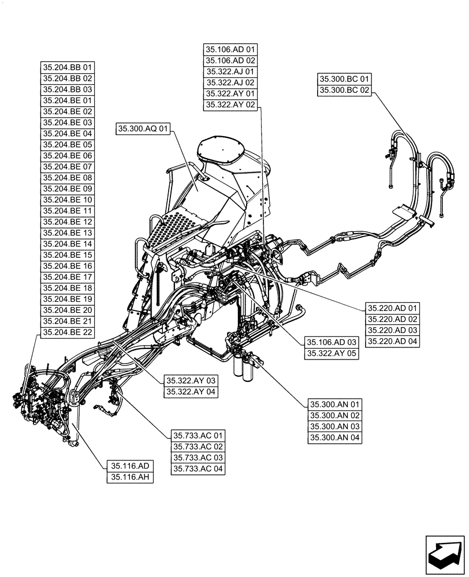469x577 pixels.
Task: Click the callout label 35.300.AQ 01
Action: click(144, 129)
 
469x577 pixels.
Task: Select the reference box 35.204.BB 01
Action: click(68, 68)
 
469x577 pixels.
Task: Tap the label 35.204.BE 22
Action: click(68, 332)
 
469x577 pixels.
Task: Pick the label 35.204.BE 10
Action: click(68, 200)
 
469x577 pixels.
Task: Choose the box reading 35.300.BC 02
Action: click(345, 89)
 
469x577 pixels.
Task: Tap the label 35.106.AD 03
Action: click(332, 342)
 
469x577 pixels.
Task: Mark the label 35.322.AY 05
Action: click(332, 353)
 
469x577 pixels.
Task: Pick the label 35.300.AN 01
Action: click(334, 404)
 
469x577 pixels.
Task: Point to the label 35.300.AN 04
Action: click(334, 437)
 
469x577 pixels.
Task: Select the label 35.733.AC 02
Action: click(198, 447)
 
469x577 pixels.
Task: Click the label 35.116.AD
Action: click(129, 466)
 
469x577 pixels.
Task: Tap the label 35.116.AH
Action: click(129, 477)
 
